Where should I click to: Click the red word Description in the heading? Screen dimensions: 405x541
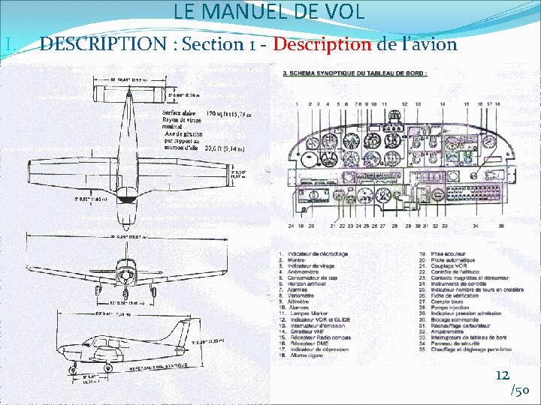[x=322, y=44]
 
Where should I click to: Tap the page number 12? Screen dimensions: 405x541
[x=502, y=375]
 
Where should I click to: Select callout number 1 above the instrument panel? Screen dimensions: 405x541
[x=298, y=103]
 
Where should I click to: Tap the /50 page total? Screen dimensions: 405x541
[x=521, y=390]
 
